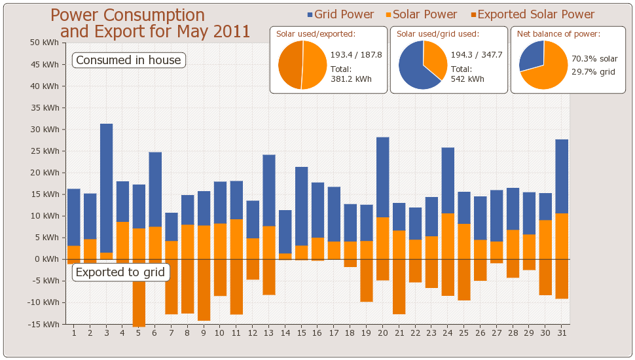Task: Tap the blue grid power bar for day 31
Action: (x=562, y=176)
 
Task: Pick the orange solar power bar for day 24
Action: (x=448, y=236)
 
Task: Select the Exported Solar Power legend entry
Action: (x=532, y=14)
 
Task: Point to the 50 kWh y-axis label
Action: (x=48, y=43)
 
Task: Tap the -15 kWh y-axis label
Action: (x=47, y=323)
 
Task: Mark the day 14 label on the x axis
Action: (x=285, y=333)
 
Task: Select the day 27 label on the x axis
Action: (x=497, y=333)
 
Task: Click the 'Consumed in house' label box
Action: (x=128, y=60)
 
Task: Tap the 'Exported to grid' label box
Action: (x=120, y=272)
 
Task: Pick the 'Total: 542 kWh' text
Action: (x=467, y=74)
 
